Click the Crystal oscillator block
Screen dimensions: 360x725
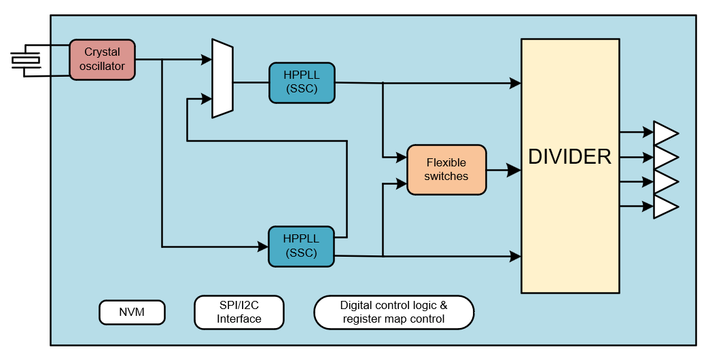tap(102, 60)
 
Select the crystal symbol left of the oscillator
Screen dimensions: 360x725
tap(26, 60)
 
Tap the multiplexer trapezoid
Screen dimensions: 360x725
tap(223, 78)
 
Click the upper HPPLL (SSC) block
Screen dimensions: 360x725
tap(302, 82)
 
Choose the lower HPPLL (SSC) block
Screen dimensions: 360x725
tap(302, 246)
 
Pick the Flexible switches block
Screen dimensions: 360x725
tap(446, 170)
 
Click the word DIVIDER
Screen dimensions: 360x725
tap(569, 157)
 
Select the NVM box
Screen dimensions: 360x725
tap(132, 312)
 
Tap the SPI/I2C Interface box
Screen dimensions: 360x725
tap(238, 312)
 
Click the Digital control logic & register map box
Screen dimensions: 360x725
tap(393, 312)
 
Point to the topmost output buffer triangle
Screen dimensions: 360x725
tap(665, 133)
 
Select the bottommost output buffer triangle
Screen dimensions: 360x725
tap(665, 206)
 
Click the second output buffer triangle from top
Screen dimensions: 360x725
tap(665, 158)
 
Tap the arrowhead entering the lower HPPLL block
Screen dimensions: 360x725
tap(263, 247)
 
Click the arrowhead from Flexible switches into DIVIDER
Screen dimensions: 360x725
tap(515, 170)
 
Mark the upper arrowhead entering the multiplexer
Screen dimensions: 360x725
tap(207, 60)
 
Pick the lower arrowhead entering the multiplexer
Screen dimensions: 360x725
tap(207, 99)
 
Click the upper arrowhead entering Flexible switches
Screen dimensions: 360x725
tap(402, 158)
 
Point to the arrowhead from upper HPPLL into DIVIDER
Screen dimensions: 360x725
tap(516, 83)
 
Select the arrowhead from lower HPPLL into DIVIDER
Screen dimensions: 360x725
tap(516, 256)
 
